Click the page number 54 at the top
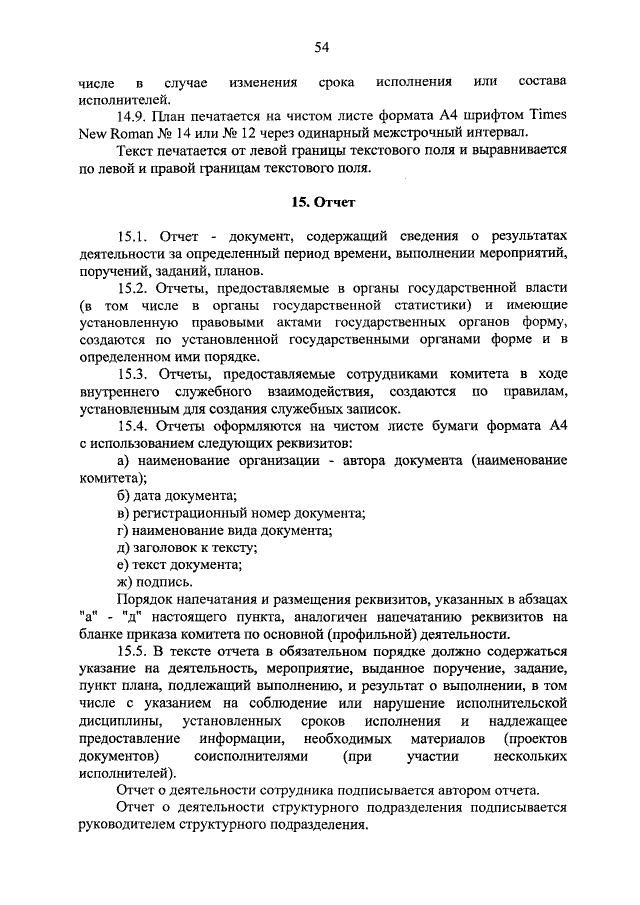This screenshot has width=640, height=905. click(321, 45)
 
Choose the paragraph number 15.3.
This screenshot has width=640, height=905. click(133, 374)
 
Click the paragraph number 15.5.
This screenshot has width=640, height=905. click(133, 651)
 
